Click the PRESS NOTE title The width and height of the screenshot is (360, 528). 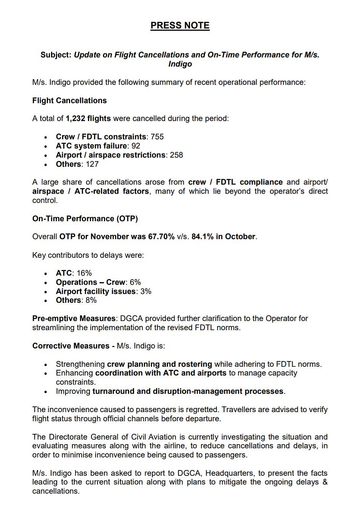pyautogui.click(x=180, y=26)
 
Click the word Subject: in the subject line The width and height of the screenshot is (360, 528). pyautogui.click(x=56, y=55)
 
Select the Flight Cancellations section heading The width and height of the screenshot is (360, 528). pyautogui.click(x=69, y=101)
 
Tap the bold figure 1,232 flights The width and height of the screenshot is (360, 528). pyautogui.click(x=88, y=119)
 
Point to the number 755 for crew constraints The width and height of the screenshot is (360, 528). pyautogui.click(x=157, y=137)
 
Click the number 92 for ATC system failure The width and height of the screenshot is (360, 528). pyautogui.click(x=136, y=146)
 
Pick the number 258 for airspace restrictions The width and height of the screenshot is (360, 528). pyautogui.click(x=176, y=155)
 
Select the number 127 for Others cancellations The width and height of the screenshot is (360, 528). pyautogui.click(x=92, y=164)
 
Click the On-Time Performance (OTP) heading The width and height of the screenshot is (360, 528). pyautogui.click(x=85, y=219)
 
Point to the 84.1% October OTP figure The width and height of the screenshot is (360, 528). pyautogui.click(x=202, y=237)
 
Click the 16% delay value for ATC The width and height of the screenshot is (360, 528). pyautogui.click(x=84, y=273)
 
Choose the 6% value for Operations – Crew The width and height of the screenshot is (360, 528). pyautogui.click(x=135, y=282)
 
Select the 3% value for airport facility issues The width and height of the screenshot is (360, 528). pyautogui.click(x=146, y=292)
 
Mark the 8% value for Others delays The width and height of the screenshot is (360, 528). pyautogui.click(x=91, y=300)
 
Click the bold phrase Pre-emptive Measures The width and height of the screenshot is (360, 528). pyautogui.click(x=74, y=319)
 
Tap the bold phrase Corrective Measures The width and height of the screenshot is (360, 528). pyautogui.click(x=71, y=346)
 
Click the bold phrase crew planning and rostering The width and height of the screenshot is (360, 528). pyautogui.click(x=159, y=364)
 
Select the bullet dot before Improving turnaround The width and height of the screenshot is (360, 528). pyautogui.click(x=46, y=392)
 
